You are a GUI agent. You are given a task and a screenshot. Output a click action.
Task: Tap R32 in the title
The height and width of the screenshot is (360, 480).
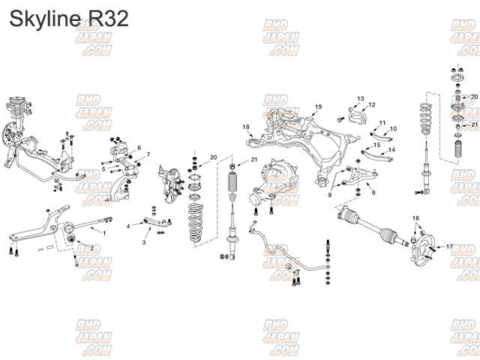(x=108, y=19)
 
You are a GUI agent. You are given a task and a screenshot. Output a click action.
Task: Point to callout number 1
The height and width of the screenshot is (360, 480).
(x=103, y=233)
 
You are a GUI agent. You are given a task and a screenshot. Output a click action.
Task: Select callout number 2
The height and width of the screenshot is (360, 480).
(x=91, y=248)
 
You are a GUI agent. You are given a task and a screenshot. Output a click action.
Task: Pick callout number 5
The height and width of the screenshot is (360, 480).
(x=103, y=169)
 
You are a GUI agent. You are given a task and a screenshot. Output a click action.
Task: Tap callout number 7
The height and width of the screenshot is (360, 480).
(x=148, y=155)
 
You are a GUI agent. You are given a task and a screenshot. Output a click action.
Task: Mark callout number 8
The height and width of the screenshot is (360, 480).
(x=373, y=193)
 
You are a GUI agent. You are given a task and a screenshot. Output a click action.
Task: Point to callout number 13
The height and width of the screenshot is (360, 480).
(x=360, y=98)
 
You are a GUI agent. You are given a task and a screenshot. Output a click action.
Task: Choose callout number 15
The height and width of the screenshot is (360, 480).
(x=377, y=144)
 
